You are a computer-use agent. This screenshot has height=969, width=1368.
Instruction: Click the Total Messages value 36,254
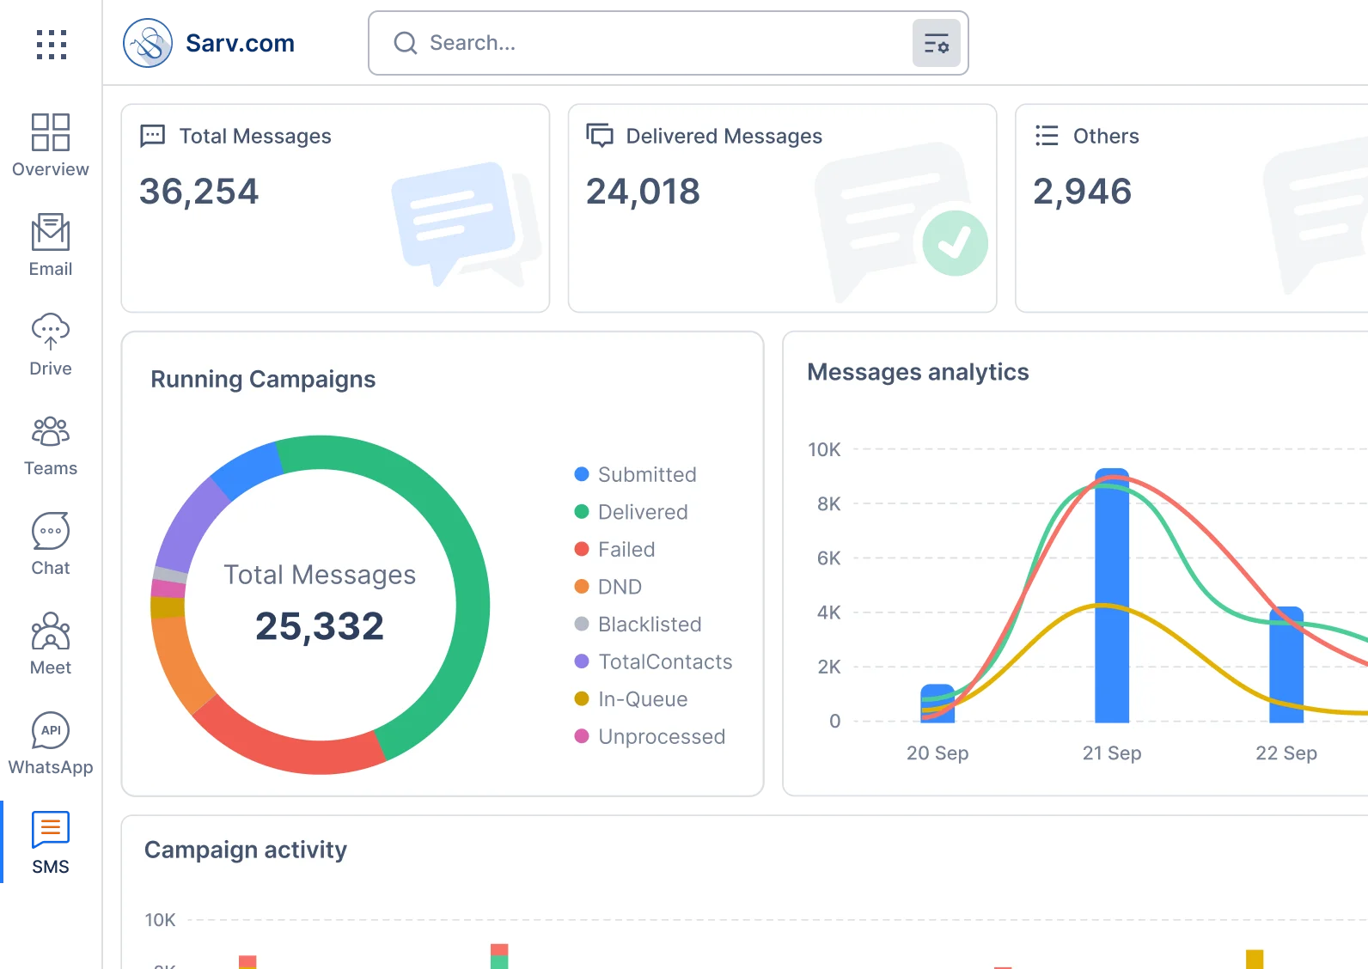click(198, 192)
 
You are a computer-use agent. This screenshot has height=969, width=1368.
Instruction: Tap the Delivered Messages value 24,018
click(643, 192)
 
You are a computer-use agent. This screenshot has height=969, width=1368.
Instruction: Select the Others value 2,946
click(1082, 192)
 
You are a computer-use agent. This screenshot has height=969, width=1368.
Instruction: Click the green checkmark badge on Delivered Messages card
click(955, 243)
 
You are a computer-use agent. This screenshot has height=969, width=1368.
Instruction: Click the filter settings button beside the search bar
click(936, 43)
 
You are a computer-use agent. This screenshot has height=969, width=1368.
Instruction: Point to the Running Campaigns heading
click(263, 379)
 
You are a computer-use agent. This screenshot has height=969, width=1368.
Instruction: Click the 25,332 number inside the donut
click(320, 626)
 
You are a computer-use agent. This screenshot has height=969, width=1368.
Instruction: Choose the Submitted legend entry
click(646, 474)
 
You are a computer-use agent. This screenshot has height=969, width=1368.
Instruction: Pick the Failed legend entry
click(626, 550)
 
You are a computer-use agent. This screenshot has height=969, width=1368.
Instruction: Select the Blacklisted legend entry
click(649, 625)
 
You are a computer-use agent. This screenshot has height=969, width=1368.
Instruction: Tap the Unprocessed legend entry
click(661, 737)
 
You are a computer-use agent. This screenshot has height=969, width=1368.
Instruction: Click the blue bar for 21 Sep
click(1112, 601)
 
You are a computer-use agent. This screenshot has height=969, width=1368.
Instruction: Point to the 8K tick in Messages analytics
click(828, 504)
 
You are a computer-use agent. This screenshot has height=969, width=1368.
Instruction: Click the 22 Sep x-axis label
click(1286, 753)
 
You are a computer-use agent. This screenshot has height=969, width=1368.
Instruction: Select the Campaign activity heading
click(246, 850)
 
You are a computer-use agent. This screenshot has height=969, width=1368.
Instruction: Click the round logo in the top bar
click(148, 42)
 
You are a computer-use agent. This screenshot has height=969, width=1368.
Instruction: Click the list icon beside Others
click(1047, 136)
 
